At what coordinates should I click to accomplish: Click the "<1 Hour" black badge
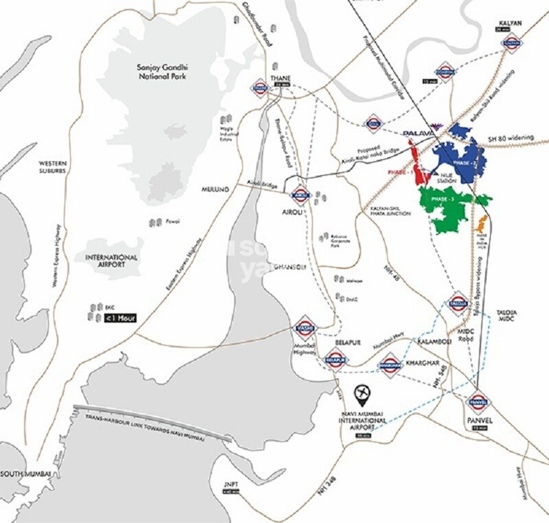(x=116, y=318)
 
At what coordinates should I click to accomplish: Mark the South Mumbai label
(x=24, y=474)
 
